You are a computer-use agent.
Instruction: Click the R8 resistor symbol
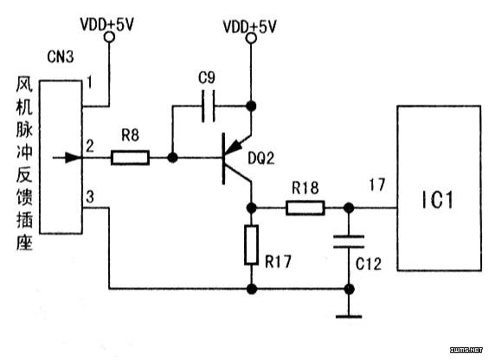[130, 157]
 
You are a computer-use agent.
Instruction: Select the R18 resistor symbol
[305, 208]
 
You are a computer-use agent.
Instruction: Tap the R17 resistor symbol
[251, 245]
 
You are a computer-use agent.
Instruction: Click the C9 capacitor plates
[209, 106]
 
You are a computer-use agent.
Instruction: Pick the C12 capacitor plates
[349, 241]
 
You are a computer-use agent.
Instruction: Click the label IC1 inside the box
[438, 200]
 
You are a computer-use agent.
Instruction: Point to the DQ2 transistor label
[260, 157]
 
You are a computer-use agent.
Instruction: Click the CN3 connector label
[60, 56]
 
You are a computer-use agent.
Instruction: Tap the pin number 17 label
[377, 184]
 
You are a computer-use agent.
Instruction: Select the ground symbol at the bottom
[349, 316]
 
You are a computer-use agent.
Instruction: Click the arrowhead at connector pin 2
[73, 157]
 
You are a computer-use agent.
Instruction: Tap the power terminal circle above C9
[251, 38]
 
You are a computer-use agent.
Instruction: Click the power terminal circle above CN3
[109, 37]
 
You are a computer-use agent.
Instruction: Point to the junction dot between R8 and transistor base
[172, 157]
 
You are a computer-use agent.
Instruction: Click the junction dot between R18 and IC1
[349, 208]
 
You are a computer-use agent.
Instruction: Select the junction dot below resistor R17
[251, 289]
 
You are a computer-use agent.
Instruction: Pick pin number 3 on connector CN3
[90, 196]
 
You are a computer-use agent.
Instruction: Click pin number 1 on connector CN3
[90, 83]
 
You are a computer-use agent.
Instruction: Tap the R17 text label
[278, 261]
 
